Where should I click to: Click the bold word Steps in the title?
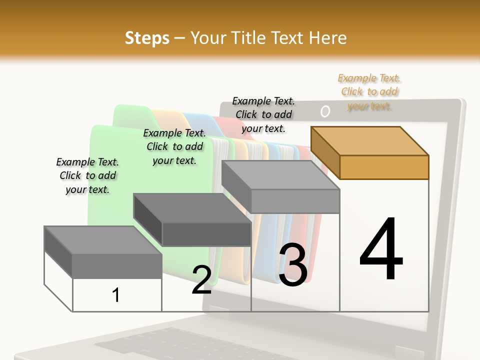click(x=147, y=38)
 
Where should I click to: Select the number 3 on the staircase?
click(x=293, y=264)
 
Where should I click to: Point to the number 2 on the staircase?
click(x=201, y=280)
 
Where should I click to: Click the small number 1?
click(x=116, y=295)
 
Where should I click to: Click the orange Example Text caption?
click(x=369, y=92)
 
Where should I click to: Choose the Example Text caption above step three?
click(x=263, y=114)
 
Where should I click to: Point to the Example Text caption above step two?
click(x=174, y=146)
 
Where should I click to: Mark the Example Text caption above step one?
click(x=87, y=175)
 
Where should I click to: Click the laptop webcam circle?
click(x=325, y=111)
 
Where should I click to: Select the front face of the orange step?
click(x=384, y=167)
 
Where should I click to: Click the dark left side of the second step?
click(x=148, y=220)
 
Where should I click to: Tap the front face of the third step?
click(x=295, y=201)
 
